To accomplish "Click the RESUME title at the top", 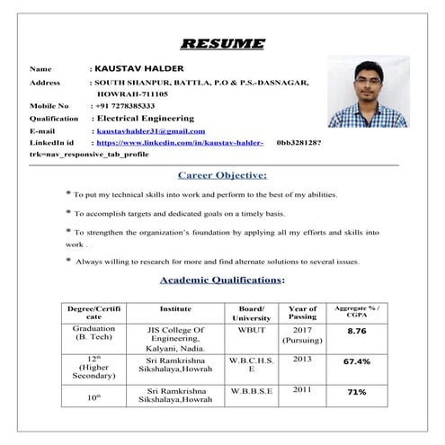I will point(223,43).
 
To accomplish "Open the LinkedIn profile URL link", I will point(180,142).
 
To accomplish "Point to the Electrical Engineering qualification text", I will point(145,118).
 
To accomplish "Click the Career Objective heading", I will point(222,174).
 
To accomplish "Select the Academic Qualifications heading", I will point(222,280).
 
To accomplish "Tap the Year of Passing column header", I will point(303,313).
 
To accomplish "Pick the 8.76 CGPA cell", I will point(357,331).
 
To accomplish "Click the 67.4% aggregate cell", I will point(357,361).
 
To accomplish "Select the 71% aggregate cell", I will point(357,392).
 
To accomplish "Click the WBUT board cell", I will point(251,330).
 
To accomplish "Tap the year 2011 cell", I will point(303,389).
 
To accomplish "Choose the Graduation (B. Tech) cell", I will point(93,334).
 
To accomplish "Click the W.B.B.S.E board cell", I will point(251,389).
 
